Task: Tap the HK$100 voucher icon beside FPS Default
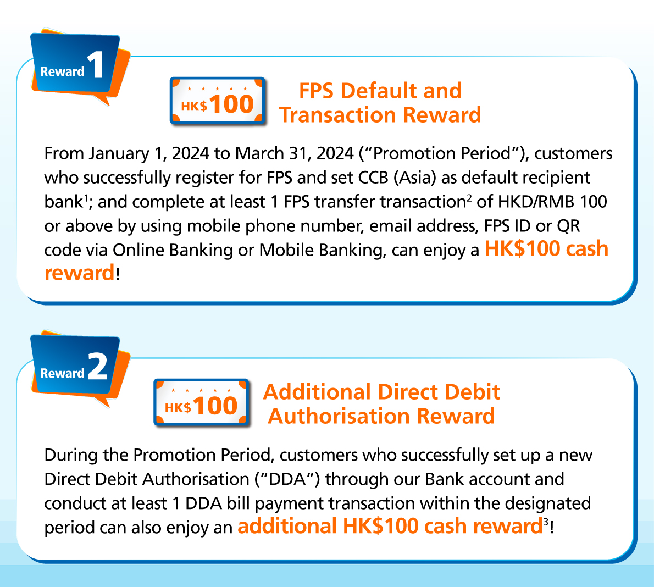(x=218, y=101)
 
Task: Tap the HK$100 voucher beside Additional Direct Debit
(x=202, y=402)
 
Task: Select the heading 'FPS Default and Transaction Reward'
(x=380, y=103)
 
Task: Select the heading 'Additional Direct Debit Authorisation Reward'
(x=381, y=404)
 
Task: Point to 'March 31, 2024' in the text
(x=295, y=153)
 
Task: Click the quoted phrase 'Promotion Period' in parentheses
(x=442, y=153)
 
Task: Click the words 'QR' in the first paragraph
(x=568, y=226)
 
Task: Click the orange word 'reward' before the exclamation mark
(x=79, y=273)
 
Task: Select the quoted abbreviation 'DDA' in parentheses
(x=288, y=479)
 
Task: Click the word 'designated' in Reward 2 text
(x=548, y=503)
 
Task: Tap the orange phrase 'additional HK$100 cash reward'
(x=390, y=526)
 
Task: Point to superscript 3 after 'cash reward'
(x=546, y=522)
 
